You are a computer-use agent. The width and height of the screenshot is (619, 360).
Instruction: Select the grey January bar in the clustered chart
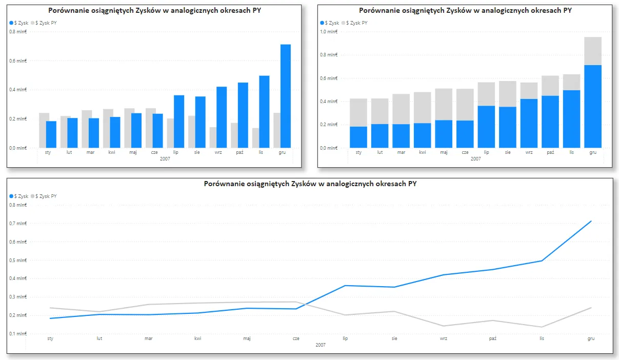click(x=44, y=130)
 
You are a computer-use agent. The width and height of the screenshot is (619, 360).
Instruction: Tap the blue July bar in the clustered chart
click(x=179, y=122)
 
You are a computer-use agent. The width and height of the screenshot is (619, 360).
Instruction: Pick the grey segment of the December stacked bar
click(x=592, y=51)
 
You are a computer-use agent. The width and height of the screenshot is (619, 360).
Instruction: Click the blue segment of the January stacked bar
click(x=358, y=137)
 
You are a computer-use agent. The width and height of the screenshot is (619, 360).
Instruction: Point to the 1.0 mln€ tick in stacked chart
click(x=329, y=32)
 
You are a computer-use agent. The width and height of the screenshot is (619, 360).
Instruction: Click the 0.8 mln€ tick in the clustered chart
click(x=18, y=32)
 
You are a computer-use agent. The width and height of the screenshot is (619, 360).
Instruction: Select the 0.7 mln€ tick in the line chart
click(x=18, y=224)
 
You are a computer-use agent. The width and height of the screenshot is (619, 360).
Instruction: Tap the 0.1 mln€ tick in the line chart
click(x=18, y=334)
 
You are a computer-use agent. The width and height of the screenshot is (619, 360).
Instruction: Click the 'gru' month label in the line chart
click(x=591, y=338)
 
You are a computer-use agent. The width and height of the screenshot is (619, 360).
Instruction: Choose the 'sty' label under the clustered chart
click(x=47, y=152)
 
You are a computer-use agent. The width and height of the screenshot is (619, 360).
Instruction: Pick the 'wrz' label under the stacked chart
click(x=529, y=152)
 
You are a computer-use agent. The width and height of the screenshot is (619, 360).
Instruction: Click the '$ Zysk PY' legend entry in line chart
click(x=46, y=196)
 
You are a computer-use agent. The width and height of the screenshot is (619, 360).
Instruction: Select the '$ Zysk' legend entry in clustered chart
click(x=19, y=23)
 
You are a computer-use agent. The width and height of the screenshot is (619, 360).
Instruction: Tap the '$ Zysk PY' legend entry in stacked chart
click(x=356, y=23)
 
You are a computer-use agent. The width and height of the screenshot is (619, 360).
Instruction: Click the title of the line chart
click(x=310, y=184)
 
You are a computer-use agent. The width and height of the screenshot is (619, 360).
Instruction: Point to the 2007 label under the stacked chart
click(x=475, y=159)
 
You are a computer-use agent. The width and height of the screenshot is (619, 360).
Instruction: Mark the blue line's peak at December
click(x=591, y=221)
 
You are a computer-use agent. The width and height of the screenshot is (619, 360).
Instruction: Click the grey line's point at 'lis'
click(x=542, y=327)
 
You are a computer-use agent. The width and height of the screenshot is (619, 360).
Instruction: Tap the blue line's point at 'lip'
click(x=345, y=286)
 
